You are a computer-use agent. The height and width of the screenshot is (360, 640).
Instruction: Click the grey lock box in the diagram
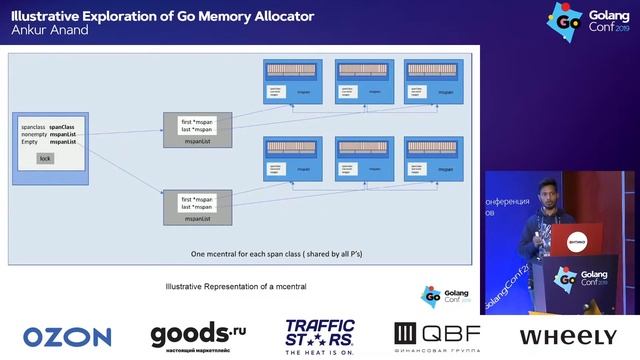point(45,159)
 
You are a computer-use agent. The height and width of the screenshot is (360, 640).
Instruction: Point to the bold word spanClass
point(62,128)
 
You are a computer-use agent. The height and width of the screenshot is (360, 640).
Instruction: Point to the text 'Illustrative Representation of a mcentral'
point(235,287)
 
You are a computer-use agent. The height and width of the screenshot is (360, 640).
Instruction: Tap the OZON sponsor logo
point(67,337)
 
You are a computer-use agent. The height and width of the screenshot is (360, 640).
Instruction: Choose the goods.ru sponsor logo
point(198,336)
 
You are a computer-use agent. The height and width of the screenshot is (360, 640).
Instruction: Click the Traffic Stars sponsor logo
point(321,337)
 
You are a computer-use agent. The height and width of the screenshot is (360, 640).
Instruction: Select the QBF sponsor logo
point(437,336)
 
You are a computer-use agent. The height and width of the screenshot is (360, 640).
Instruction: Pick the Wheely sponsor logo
point(567,337)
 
